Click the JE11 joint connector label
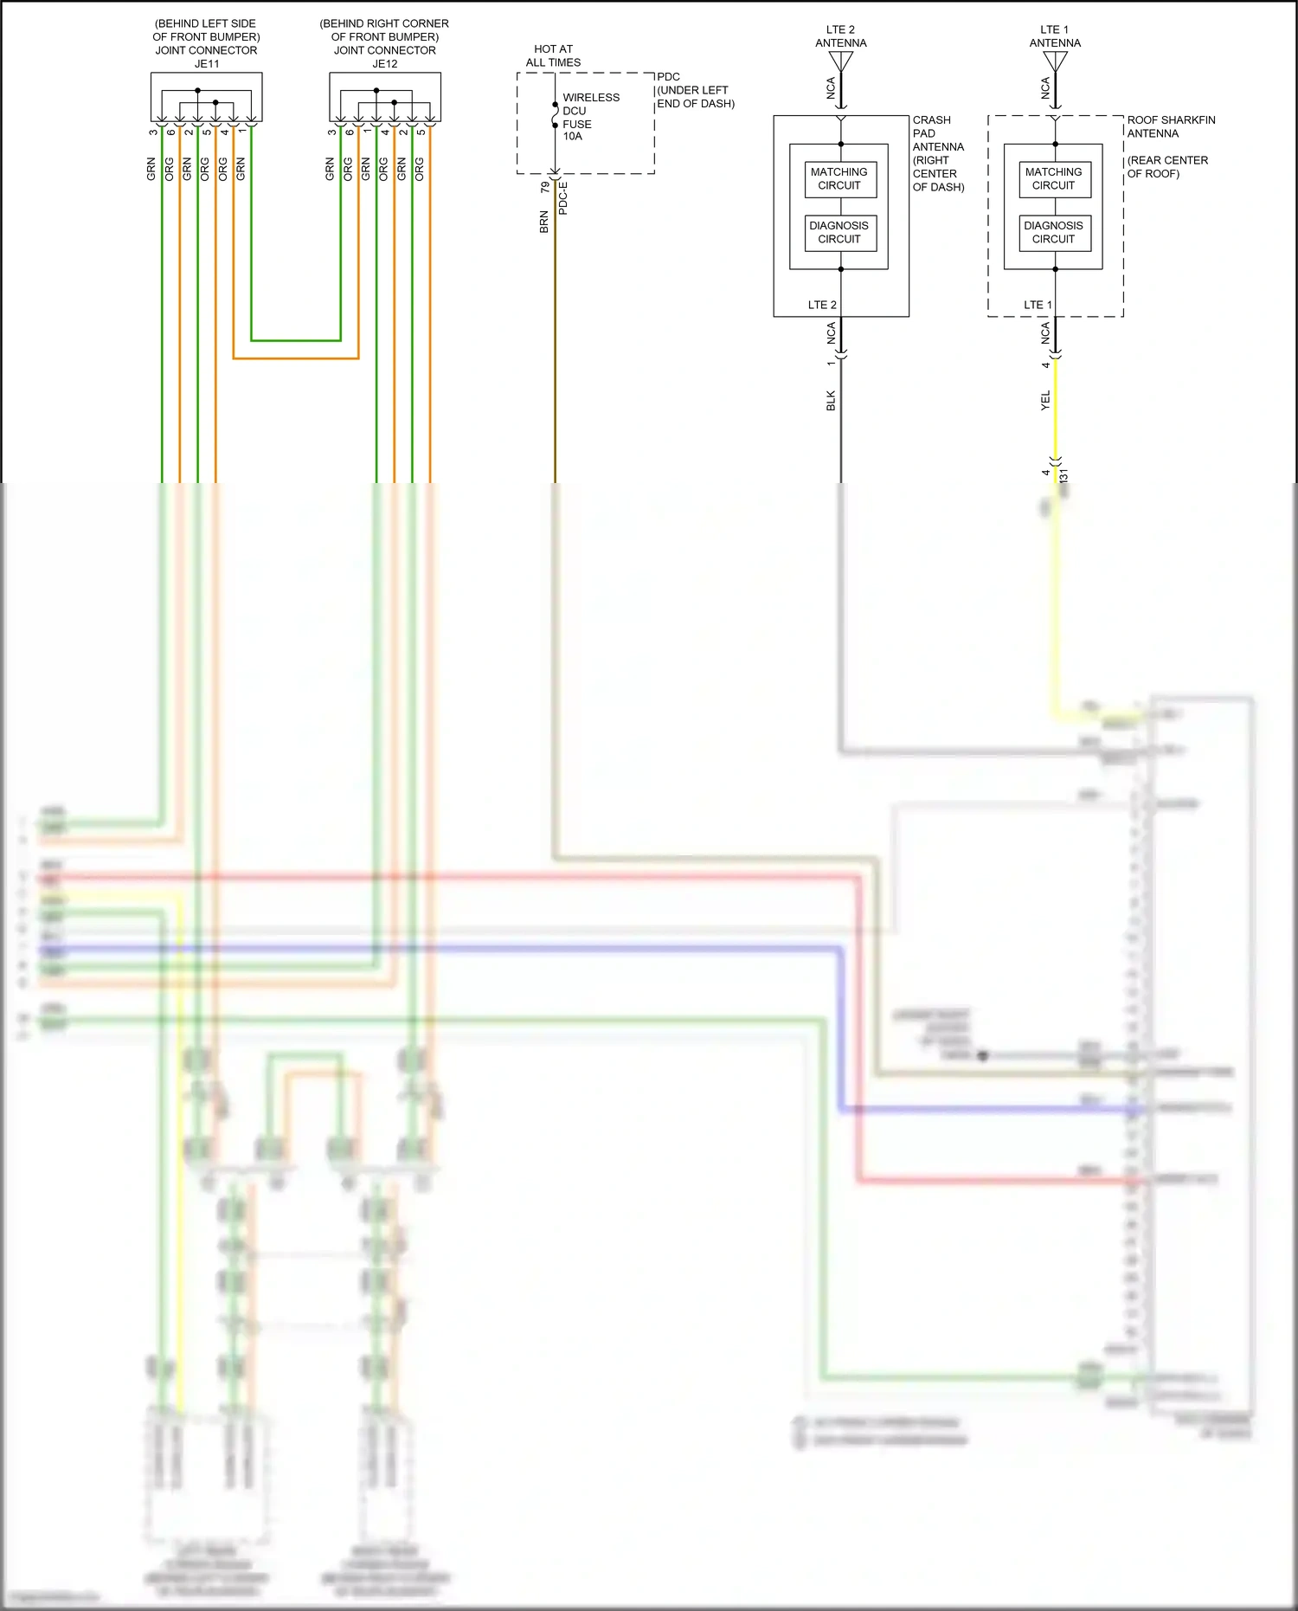[206, 63]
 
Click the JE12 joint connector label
[384, 63]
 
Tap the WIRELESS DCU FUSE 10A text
[590, 117]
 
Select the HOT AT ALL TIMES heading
[553, 55]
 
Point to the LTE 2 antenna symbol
[840, 61]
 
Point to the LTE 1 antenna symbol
[1055, 61]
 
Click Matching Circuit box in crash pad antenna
[839, 179]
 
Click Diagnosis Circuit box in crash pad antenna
[839, 232]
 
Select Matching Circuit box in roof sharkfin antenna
[1053, 179]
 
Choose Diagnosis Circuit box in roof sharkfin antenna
[1053, 232]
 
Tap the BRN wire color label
[544, 222]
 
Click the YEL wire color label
[1045, 400]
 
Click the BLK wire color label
[831, 400]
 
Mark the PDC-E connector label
[563, 198]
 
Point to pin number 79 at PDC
[544, 187]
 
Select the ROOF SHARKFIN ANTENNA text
[1170, 126]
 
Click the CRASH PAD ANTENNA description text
[938, 153]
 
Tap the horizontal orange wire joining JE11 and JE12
[295, 358]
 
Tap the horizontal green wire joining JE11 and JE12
[295, 340]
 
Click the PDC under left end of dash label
[695, 90]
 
